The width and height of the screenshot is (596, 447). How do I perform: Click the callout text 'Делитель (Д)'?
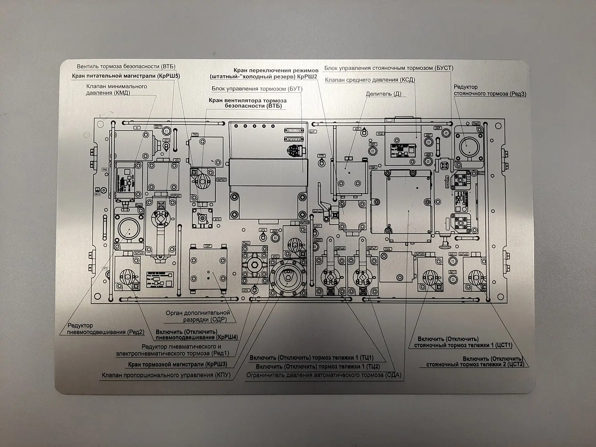pos(383,94)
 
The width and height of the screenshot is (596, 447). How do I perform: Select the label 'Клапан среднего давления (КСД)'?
pos(370,80)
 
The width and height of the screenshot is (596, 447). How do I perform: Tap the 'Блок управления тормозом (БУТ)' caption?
pos(257,89)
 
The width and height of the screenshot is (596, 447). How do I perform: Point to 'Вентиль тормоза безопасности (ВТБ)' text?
pos(126,66)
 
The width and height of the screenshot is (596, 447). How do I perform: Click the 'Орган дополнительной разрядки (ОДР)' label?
pos(198,316)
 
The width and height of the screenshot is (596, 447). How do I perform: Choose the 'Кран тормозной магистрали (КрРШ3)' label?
pos(178,364)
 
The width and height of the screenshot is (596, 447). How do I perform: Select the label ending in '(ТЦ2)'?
pos(318,366)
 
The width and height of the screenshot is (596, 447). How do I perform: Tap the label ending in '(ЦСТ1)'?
pos(463,343)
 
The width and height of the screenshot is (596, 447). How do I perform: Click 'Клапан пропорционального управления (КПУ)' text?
pos(166,375)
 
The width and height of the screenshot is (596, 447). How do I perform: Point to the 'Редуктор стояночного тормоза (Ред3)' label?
pos(490,90)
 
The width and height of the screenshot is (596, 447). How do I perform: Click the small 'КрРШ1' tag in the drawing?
pos(221,180)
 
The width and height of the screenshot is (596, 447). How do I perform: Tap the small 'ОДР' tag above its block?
pos(207,246)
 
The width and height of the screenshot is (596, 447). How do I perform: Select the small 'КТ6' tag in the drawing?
pos(321,155)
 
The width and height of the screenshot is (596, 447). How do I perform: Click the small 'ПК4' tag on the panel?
pos(387,249)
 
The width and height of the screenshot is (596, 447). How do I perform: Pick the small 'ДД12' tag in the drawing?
pos(453,272)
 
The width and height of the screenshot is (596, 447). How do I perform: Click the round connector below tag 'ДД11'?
pos(453,261)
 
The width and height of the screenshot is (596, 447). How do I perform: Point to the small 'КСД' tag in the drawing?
pos(380,134)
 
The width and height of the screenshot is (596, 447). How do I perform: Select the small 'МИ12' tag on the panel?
pos(97,194)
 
